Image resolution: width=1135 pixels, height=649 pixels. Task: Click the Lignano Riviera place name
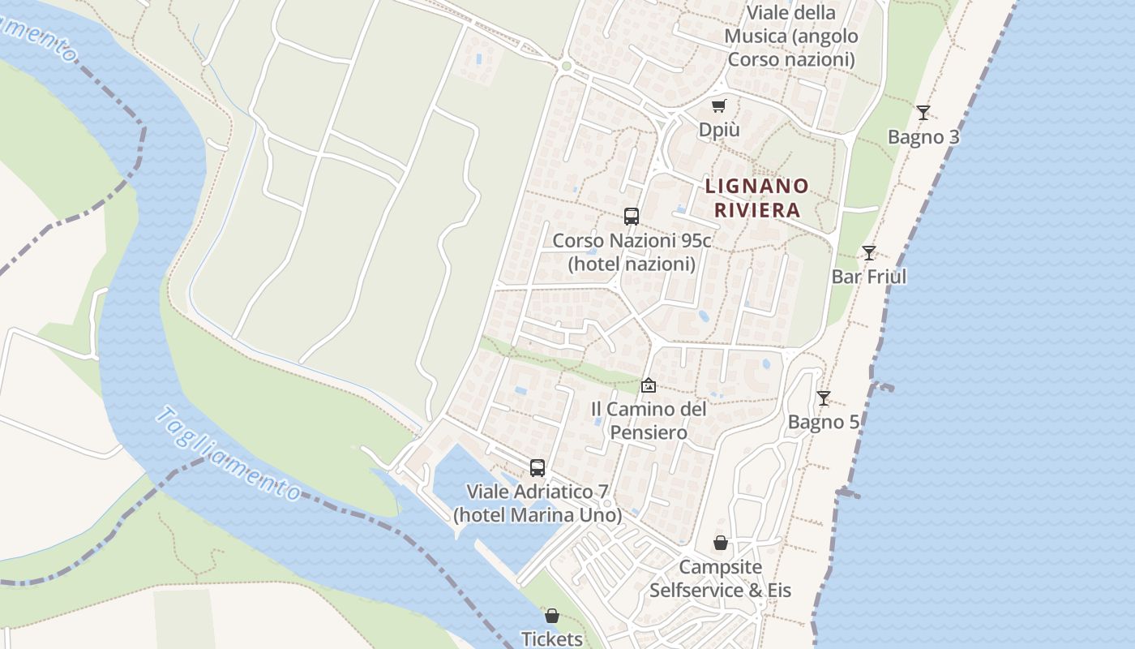click(756, 198)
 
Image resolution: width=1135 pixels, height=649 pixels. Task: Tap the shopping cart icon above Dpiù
click(719, 105)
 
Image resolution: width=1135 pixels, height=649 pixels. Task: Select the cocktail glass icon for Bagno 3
click(923, 112)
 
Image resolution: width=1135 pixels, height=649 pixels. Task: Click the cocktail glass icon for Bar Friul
click(869, 252)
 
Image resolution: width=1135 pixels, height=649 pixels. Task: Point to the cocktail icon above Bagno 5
click(824, 398)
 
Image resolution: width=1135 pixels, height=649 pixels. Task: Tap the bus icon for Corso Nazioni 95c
click(632, 217)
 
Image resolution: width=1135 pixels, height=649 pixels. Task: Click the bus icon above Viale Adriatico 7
click(538, 467)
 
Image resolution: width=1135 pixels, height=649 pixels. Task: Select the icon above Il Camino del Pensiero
click(648, 385)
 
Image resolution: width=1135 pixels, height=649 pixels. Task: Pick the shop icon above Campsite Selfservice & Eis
click(720, 542)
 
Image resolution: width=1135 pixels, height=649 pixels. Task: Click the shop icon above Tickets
click(552, 616)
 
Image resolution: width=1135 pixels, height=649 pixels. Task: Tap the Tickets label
click(552, 639)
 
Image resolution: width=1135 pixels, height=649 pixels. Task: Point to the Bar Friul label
click(869, 277)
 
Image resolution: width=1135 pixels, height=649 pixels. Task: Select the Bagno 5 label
click(824, 422)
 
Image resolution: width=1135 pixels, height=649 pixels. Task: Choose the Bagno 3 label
click(923, 137)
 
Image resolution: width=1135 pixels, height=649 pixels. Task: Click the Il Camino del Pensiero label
click(648, 421)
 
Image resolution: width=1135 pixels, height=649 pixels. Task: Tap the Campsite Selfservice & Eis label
click(720, 578)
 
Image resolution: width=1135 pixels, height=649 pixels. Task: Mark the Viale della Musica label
click(790, 37)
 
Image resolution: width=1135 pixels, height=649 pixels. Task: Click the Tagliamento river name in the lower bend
click(229, 454)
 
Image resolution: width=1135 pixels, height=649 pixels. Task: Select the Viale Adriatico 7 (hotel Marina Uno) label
click(538, 504)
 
